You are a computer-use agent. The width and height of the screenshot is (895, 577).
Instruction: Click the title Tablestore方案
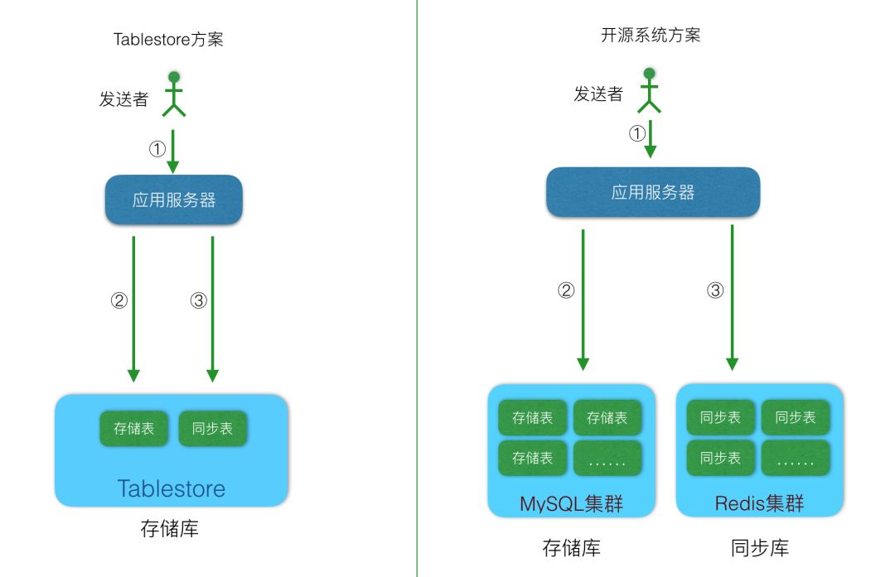click(x=168, y=39)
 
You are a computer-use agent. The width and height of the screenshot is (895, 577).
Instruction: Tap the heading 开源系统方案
click(x=651, y=35)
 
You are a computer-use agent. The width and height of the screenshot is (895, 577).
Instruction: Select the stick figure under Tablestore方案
click(x=174, y=94)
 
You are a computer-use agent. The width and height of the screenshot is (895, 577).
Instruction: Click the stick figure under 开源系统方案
click(x=650, y=90)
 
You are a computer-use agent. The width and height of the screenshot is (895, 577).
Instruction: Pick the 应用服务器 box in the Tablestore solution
click(x=174, y=200)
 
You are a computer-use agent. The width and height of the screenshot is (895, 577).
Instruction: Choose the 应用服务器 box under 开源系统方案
click(x=653, y=192)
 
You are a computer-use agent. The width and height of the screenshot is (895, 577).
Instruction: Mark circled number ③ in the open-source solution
click(x=715, y=291)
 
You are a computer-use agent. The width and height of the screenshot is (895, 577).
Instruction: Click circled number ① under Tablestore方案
click(x=157, y=150)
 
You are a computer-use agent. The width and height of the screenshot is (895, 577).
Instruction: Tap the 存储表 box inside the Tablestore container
click(x=133, y=429)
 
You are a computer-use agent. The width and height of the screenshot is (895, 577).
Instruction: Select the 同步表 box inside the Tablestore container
click(x=212, y=429)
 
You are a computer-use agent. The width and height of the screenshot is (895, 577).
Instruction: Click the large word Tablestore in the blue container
click(x=171, y=488)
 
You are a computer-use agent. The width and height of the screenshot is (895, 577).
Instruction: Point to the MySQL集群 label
click(x=571, y=503)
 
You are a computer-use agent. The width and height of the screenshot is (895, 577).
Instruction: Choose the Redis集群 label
click(x=759, y=503)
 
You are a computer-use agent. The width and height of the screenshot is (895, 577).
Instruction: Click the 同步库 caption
click(x=760, y=547)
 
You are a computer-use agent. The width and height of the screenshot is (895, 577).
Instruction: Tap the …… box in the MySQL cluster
click(x=607, y=458)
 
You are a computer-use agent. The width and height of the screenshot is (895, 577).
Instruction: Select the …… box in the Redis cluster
click(x=796, y=458)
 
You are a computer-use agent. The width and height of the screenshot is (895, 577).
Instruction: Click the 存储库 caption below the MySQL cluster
click(x=571, y=547)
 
